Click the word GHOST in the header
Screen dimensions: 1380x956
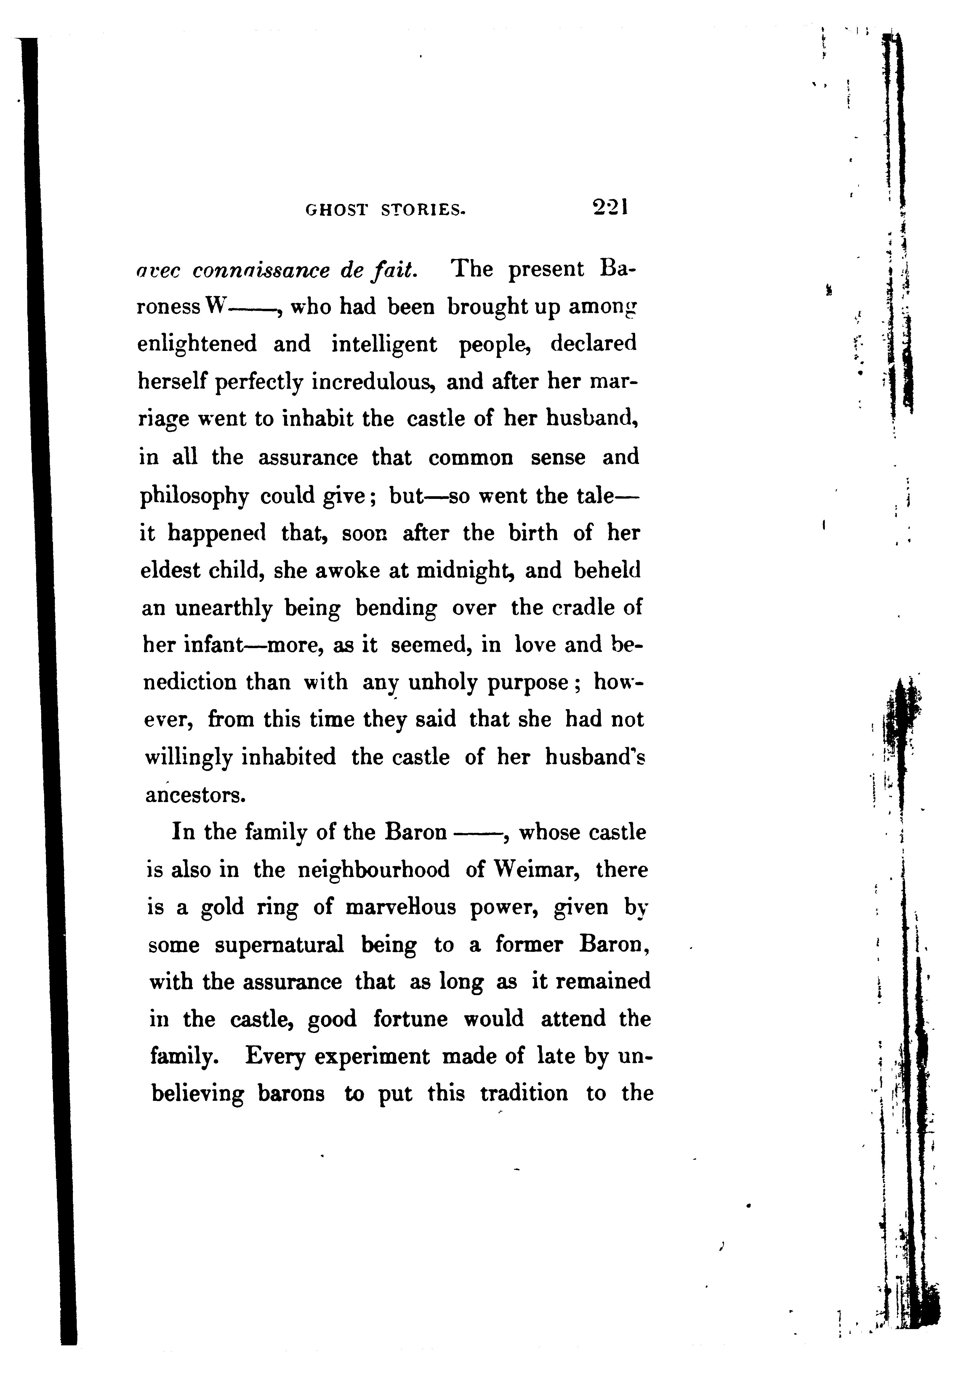336,210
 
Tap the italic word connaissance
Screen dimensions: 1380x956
261,271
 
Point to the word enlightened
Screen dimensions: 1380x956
197,345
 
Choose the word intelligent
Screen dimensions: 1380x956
384,345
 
